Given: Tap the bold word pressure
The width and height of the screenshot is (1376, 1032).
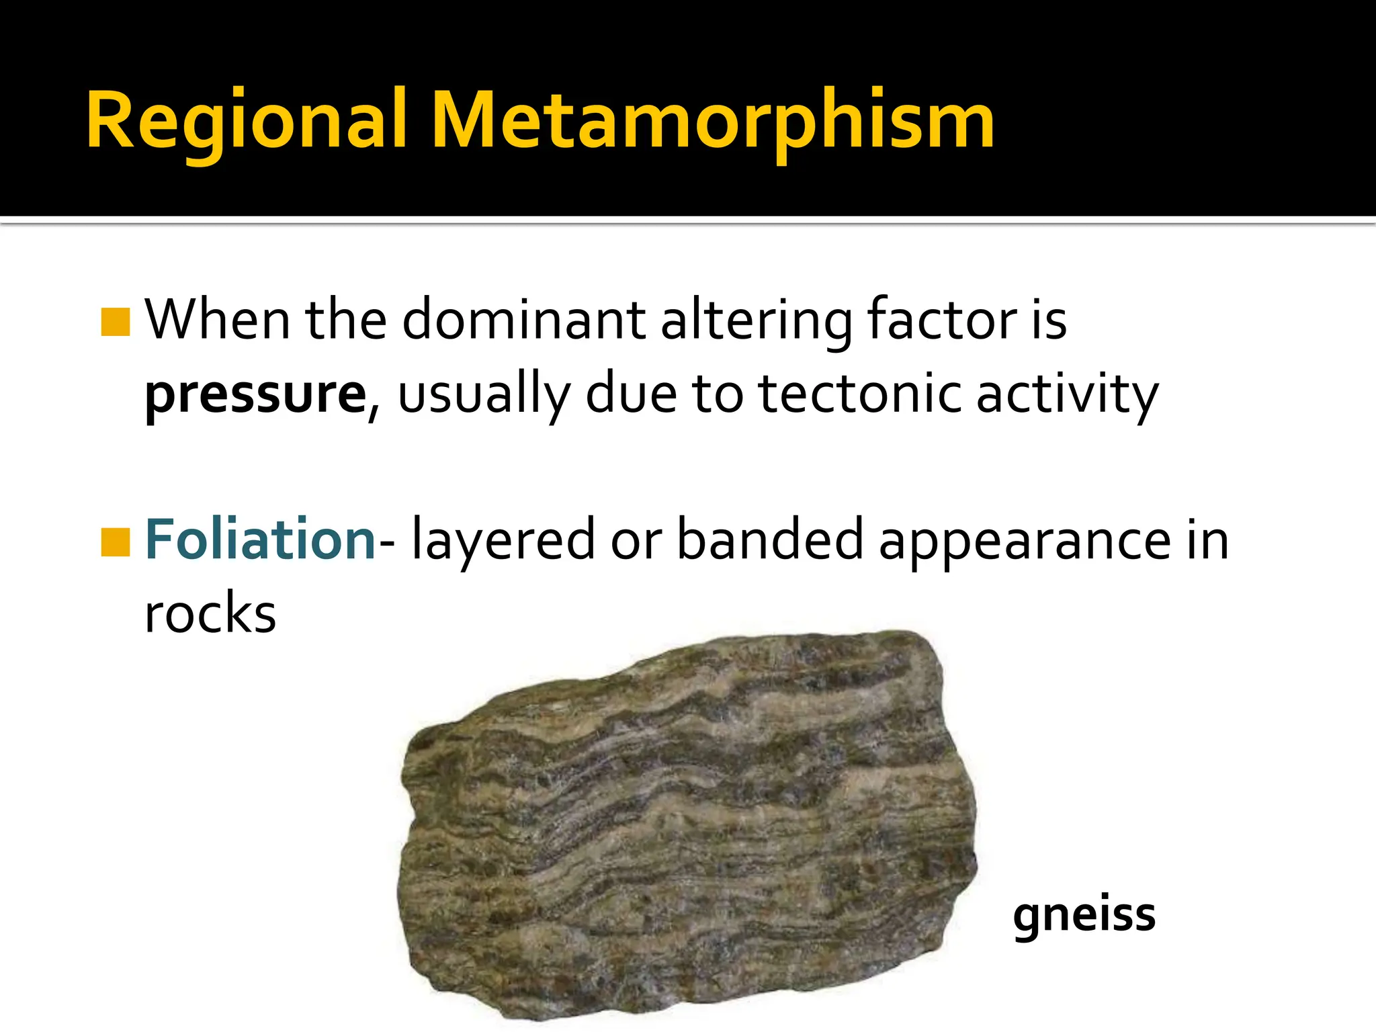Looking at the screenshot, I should pos(256,394).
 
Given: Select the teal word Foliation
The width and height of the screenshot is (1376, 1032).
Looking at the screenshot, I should pos(260,540).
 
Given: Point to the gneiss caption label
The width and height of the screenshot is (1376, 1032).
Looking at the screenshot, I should pos(1084,915).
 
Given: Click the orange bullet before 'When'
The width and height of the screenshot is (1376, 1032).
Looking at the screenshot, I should pos(115,322).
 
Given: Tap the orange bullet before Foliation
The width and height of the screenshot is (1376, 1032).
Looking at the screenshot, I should pos(115,542).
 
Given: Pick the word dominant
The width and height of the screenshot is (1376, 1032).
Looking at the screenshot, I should pos(523,320).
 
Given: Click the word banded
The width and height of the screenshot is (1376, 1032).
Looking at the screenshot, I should pos(769,540).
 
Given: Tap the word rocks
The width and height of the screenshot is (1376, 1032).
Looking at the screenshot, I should pos(210,613).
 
